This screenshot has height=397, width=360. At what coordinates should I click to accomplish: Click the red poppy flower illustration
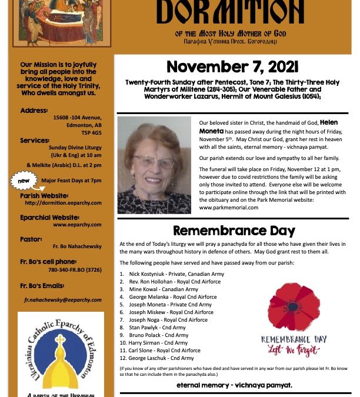pos(294,308)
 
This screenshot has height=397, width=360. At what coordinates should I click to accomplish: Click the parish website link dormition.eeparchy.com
pos(63,203)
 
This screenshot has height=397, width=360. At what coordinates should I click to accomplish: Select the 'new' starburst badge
pos(24,181)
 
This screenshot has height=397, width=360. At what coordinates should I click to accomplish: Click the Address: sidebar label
pos(34,110)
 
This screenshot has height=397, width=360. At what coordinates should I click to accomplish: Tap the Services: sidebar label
pos(35,141)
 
